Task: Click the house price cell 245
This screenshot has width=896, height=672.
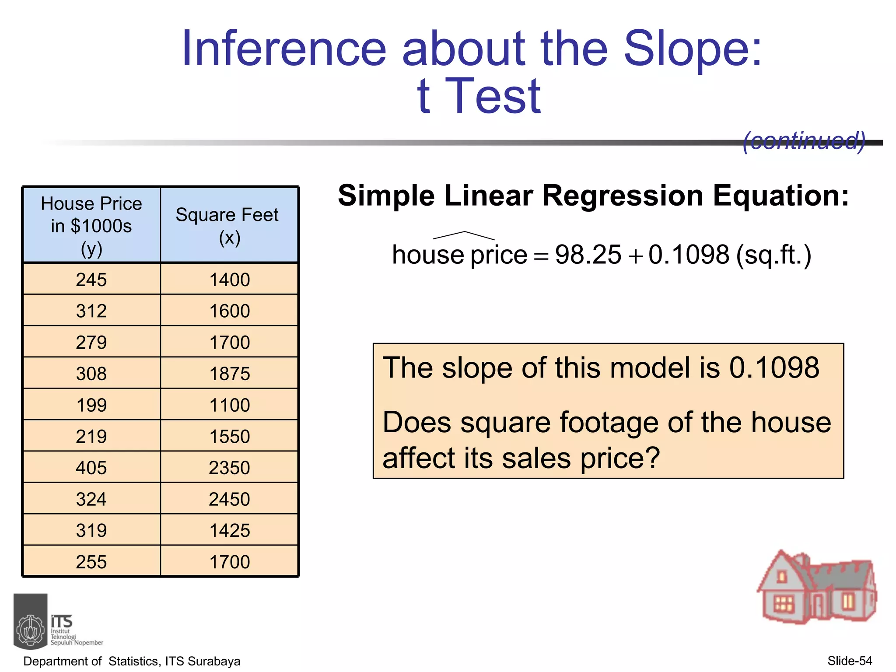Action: (91, 280)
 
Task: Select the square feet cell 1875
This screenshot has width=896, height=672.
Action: (229, 374)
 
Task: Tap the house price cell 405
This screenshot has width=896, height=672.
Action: (91, 468)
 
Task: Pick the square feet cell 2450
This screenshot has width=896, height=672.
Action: (229, 499)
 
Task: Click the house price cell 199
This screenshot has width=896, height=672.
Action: (91, 405)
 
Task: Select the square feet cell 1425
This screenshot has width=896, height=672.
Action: (229, 531)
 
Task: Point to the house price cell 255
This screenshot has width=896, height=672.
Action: (91, 562)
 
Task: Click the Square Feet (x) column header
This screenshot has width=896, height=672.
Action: (227, 226)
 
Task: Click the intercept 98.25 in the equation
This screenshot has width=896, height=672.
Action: (588, 255)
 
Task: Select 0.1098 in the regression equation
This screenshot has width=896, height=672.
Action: (689, 255)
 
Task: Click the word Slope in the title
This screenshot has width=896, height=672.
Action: (693, 49)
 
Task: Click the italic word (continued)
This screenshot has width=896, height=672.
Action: (804, 141)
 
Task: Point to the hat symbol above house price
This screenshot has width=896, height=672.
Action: (464, 235)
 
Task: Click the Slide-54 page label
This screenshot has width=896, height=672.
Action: (850, 661)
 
